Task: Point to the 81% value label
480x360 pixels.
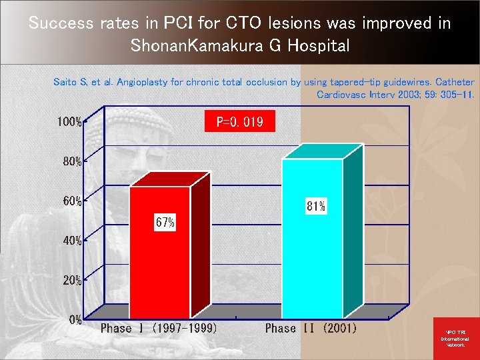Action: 316,206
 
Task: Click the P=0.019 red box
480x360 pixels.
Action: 239,122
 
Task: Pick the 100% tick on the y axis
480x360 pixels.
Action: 69,122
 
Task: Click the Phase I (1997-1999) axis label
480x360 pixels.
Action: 158,328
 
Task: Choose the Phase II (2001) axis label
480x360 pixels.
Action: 311,328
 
